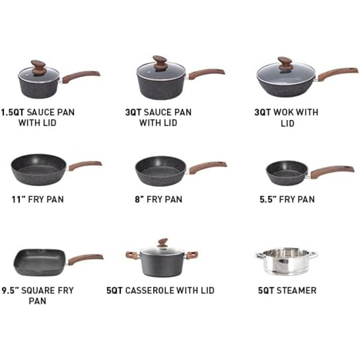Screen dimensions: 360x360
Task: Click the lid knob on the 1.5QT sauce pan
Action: tap(38, 68)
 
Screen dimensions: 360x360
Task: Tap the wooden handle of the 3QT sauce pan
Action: tap(206, 74)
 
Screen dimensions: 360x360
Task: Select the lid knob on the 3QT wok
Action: tap(285, 64)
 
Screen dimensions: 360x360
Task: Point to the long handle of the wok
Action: tap(337, 74)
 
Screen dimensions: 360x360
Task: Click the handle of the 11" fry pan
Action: tap(85, 165)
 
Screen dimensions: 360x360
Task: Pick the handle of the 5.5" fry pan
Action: tap(332, 171)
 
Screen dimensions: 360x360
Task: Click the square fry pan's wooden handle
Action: tap(85, 259)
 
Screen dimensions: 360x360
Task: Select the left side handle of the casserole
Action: tap(132, 255)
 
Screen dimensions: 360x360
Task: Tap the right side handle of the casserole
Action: tap(192, 255)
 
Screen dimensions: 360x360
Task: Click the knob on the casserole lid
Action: tap(163, 242)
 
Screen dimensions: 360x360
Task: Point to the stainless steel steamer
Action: tap(286, 261)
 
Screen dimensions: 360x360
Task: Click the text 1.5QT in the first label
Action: tap(13, 113)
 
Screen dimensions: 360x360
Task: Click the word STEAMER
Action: tap(296, 291)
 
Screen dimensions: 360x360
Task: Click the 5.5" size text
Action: tap(268, 200)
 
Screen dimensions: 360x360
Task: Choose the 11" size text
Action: tap(19, 200)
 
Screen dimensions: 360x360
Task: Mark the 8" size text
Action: tap(139, 200)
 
